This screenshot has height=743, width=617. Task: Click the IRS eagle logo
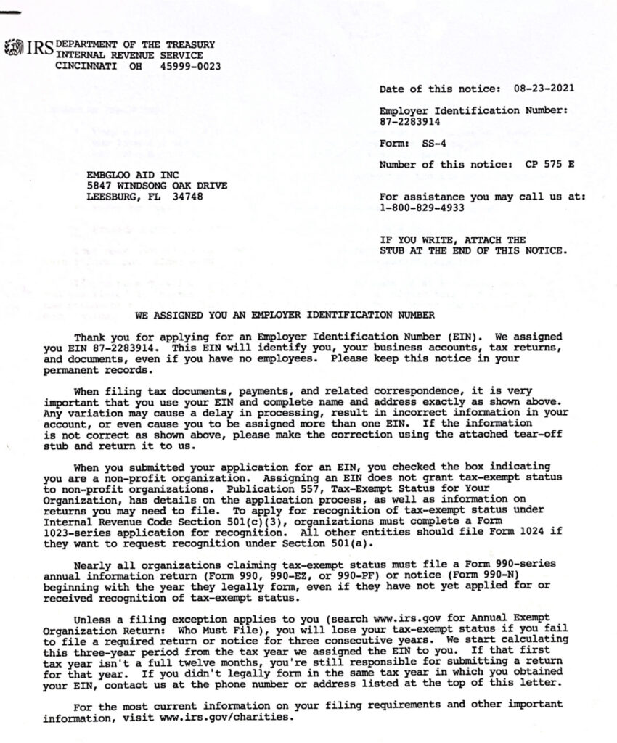pos(14,49)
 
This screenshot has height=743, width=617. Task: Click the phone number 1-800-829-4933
pos(422,208)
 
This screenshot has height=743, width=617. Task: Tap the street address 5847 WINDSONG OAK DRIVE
pos(157,186)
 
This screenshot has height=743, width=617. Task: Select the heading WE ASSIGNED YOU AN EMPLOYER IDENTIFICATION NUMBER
pos(285,315)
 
